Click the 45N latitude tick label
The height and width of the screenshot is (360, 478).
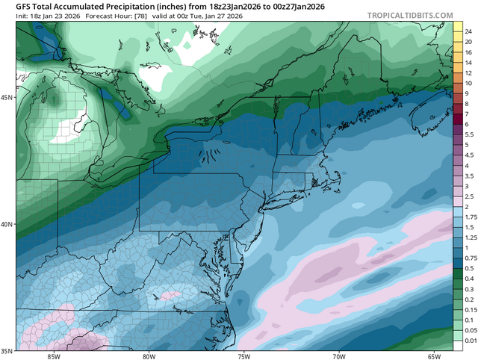pyautogui.click(x=7, y=98)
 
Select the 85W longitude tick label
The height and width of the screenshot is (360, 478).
pyautogui.click(x=52, y=356)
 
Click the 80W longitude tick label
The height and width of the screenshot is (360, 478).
pyautogui.click(x=148, y=356)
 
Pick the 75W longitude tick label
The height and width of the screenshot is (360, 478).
pyautogui.click(x=243, y=356)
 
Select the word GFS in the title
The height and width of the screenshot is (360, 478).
pyautogui.click(x=25, y=6)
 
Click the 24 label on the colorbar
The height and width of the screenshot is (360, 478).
pyautogui.click(x=468, y=31)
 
